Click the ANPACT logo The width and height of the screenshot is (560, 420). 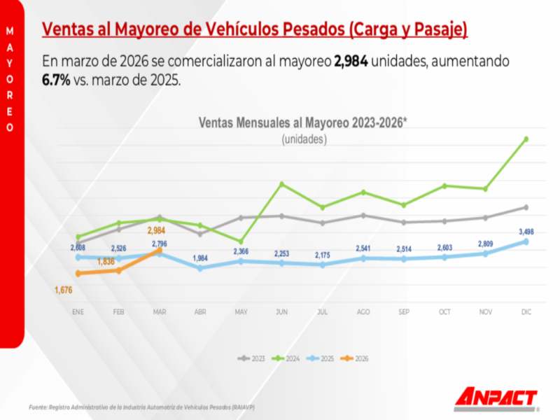pos(496,398)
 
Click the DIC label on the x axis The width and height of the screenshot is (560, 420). pos(526,311)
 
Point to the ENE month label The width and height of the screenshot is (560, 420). pos(78,311)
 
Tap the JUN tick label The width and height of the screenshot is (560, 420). pos(281,311)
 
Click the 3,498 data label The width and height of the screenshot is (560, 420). pos(528,231)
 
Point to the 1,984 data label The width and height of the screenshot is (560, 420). pos(200,258)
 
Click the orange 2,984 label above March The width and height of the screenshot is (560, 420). pos(157,230)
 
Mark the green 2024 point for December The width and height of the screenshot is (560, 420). pos(526,139)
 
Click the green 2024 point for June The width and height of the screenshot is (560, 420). pos(281,184)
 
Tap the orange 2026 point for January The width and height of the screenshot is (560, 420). pos(78,273)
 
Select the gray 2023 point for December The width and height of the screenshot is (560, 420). pos(526,207)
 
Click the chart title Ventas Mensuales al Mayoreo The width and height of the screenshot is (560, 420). pos(303,123)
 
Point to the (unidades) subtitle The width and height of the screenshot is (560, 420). pos(304,139)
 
